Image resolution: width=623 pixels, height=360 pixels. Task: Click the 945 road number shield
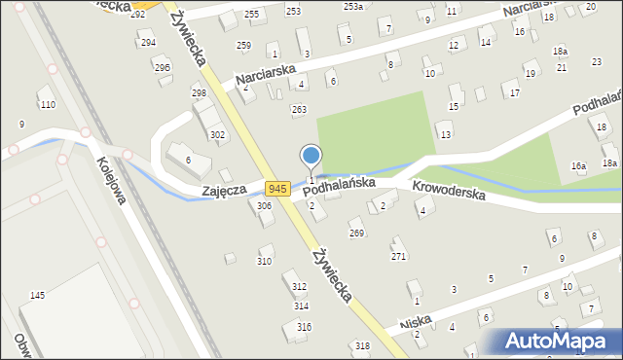pos(277,189)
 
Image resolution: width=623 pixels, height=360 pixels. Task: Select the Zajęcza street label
pos(223,192)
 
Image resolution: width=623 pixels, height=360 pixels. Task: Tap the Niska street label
pos(416,322)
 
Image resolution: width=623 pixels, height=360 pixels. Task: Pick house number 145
pos(37,295)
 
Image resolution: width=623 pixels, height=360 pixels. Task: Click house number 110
pos(47,104)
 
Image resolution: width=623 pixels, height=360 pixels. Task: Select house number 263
pos(299,110)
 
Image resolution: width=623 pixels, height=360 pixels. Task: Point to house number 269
pos(357,234)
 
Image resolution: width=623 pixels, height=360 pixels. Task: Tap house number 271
pos(398,256)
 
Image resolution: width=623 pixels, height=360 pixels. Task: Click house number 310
pos(264,262)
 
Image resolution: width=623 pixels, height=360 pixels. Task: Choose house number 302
pos(218,135)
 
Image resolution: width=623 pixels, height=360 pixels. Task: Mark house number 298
pos(199,93)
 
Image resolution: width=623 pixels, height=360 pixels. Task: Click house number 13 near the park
pos(446,134)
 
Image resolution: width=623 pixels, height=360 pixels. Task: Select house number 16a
pos(578,167)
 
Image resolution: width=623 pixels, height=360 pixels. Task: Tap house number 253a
pos(352,7)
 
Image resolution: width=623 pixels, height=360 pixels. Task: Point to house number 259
pos(243,46)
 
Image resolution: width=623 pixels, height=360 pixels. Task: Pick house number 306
pos(264,206)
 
